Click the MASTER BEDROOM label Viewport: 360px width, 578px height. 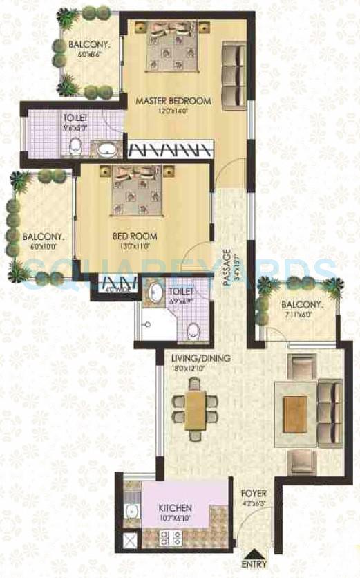(173, 102)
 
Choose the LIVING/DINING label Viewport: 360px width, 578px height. (201, 357)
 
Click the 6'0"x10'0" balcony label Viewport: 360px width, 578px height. (43, 245)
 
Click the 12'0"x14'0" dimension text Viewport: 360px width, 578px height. (173, 111)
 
